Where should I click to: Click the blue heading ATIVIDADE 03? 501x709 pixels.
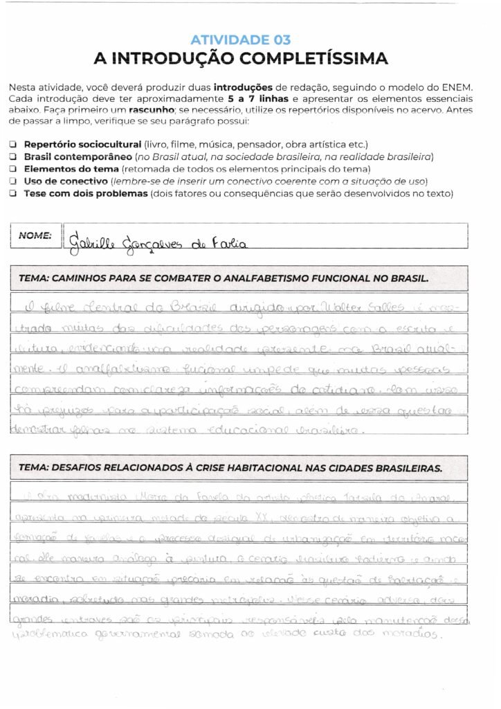(240, 40)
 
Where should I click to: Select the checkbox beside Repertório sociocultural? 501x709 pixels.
(14, 145)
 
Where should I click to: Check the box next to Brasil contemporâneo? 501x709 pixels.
(14, 157)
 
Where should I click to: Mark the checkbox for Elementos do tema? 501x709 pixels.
(14, 169)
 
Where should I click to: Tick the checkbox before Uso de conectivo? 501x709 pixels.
(14, 181)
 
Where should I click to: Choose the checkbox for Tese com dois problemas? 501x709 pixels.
(14, 193)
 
